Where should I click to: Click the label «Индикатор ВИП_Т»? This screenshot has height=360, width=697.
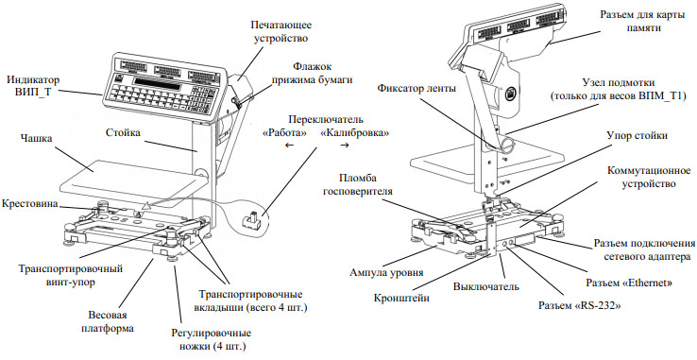(33, 86)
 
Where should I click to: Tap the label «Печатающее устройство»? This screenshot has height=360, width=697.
(280, 31)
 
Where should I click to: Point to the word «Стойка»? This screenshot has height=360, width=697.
(123, 132)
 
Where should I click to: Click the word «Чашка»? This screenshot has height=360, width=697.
(36, 138)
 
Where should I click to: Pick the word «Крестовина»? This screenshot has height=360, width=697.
(29, 204)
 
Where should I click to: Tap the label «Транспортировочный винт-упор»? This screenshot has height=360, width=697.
(71, 276)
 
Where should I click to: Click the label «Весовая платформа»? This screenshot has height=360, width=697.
(108, 322)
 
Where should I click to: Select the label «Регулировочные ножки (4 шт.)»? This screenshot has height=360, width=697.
(212, 339)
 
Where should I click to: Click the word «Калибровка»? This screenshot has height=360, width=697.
(355, 133)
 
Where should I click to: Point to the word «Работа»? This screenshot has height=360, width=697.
(285, 133)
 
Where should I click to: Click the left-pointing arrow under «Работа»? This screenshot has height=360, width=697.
(289, 146)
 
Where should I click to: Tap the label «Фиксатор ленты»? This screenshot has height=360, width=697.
(416, 89)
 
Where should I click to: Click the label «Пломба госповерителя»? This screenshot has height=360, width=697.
(365, 184)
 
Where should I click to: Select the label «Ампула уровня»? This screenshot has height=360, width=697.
(386, 272)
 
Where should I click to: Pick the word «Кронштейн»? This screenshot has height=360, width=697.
(401, 298)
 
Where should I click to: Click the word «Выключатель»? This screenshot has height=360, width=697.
(485, 286)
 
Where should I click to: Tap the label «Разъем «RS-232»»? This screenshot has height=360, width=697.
(579, 306)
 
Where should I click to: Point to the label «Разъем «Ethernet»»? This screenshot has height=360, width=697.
(629, 283)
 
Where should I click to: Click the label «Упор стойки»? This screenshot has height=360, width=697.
(637, 135)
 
